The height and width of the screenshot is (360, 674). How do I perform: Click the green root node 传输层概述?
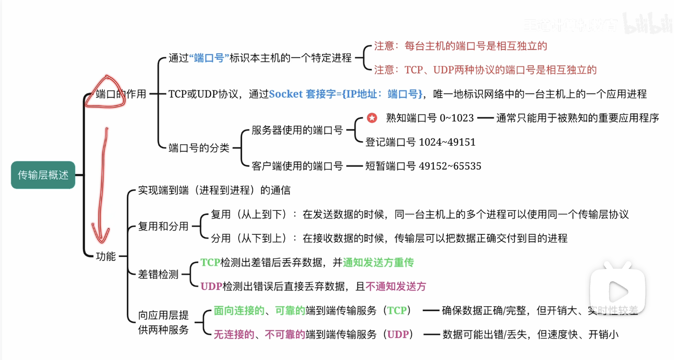(43, 175)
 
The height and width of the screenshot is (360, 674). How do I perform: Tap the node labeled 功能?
(106, 257)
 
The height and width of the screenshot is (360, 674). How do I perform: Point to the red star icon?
(372, 118)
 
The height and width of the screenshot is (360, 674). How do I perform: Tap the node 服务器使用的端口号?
(297, 130)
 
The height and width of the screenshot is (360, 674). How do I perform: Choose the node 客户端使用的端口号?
(297, 166)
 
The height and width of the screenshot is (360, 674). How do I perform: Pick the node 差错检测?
(158, 275)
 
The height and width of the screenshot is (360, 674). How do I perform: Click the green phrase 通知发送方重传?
(378, 263)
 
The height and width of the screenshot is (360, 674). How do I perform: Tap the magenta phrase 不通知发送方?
(396, 286)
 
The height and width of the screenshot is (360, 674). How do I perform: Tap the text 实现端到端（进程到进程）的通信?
(214, 191)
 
